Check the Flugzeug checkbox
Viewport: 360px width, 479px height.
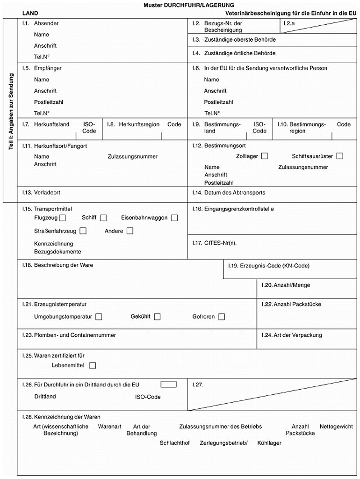click(x=63, y=218)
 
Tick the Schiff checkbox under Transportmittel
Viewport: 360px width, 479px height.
click(x=103, y=218)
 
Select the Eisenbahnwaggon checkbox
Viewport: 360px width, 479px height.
click(x=174, y=218)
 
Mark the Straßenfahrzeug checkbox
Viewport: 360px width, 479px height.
click(x=83, y=231)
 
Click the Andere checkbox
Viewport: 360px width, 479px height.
click(x=130, y=231)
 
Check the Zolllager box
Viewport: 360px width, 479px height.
click(x=265, y=156)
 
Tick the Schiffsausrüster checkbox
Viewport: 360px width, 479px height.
click(x=339, y=156)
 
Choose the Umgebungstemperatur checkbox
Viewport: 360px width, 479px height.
click(x=99, y=317)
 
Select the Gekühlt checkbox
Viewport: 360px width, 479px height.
click(x=157, y=317)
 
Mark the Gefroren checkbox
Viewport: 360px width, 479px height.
click(x=221, y=317)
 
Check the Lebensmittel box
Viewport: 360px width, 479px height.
click(x=93, y=365)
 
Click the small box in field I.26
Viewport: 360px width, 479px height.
click(x=168, y=385)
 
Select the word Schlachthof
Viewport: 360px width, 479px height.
click(x=174, y=443)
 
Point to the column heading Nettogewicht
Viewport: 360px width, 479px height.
click(x=336, y=427)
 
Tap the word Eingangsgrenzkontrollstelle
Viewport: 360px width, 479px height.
click(x=239, y=209)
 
